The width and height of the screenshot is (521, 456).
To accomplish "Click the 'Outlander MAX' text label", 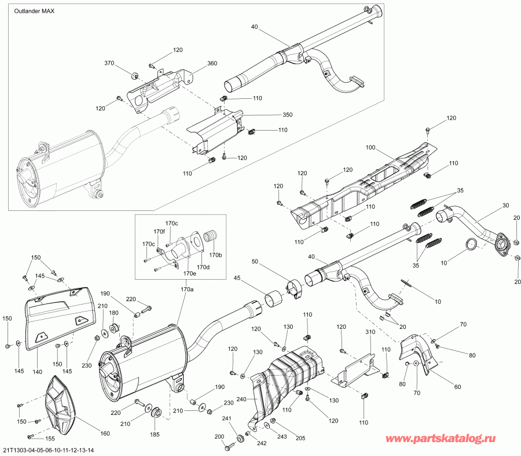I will (x=34, y=12).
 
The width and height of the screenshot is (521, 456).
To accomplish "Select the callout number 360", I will (x=212, y=63).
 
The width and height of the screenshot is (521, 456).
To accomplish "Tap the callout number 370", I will (x=109, y=63).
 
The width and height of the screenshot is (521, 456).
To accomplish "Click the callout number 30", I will (x=505, y=206).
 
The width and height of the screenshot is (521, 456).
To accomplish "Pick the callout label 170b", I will (x=215, y=254).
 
